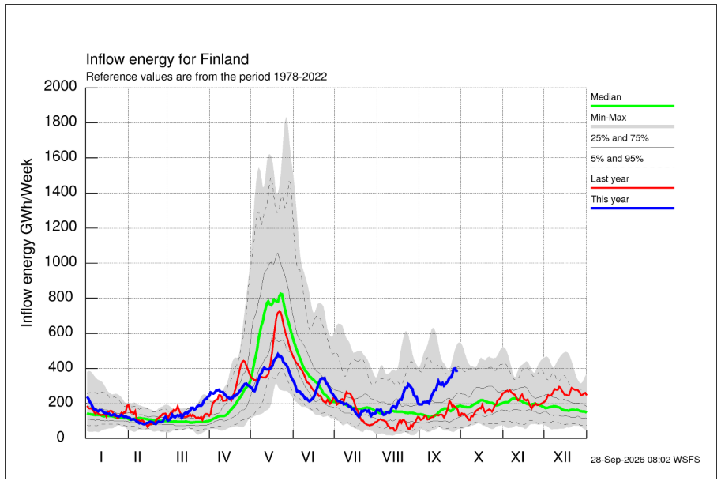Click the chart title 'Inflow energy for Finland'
point(167,59)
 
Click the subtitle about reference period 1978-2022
point(206,77)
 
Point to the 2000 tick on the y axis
point(60,86)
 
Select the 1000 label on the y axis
point(60,261)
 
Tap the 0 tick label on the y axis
point(60,437)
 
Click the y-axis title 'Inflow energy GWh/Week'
point(27,242)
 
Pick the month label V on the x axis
point(268,457)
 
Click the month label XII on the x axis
point(562,457)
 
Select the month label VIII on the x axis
point(392,457)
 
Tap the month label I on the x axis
point(101,457)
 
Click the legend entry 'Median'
point(606,97)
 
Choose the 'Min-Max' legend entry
point(608,118)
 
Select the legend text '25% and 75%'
point(619,138)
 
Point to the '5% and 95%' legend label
point(617,159)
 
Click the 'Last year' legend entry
point(610,178)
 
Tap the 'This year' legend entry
point(610,199)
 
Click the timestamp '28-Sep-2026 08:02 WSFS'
point(645,460)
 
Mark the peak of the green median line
point(281,293)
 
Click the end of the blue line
point(456,370)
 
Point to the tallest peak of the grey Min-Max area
point(286,118)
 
